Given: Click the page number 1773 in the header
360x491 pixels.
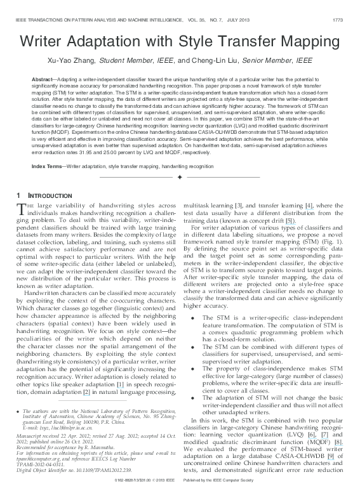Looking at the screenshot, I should click(338, 20).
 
